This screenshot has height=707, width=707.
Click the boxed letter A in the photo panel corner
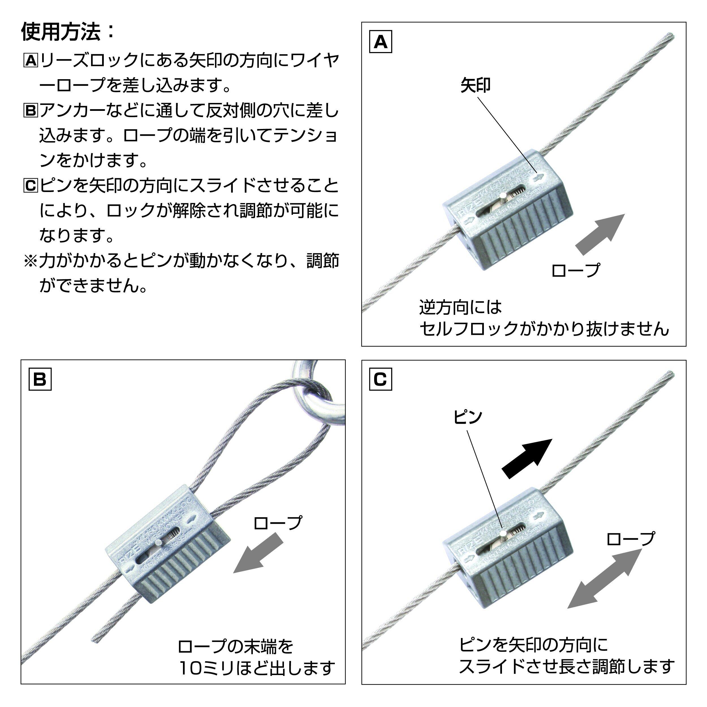(x=381, y=42)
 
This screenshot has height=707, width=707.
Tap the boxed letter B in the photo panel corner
(x=40, y=380)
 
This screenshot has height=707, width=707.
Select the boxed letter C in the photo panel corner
(x=381, y=380)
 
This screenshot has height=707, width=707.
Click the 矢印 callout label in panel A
(x=475, y=86)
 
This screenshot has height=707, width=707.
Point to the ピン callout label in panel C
(x=468, y=417)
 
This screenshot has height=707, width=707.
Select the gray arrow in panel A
(x=600, y=234)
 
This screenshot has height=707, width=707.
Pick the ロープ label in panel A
(x=575, y=270)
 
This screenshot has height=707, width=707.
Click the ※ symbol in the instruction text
(x=30, y=260)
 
